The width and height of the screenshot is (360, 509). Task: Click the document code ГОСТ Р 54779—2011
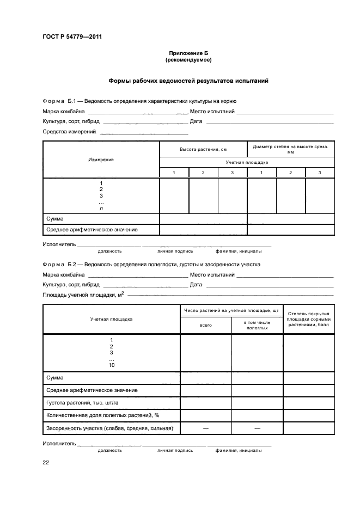point(72,37)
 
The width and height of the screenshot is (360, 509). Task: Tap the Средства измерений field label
point(69,131)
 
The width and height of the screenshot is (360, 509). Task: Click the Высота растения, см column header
point(203,149)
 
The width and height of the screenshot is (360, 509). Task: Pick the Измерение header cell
point(101,160)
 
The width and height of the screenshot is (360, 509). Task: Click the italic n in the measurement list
point(101,208)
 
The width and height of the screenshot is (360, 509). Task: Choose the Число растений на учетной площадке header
point(231,310)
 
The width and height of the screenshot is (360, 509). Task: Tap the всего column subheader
point(206,325)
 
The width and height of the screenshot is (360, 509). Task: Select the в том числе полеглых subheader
point(257,325)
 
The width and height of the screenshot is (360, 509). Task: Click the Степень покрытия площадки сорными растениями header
point(308,318)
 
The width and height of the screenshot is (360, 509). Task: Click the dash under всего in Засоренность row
point(206,428)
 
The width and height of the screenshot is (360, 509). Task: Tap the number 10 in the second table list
point(112,365)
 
